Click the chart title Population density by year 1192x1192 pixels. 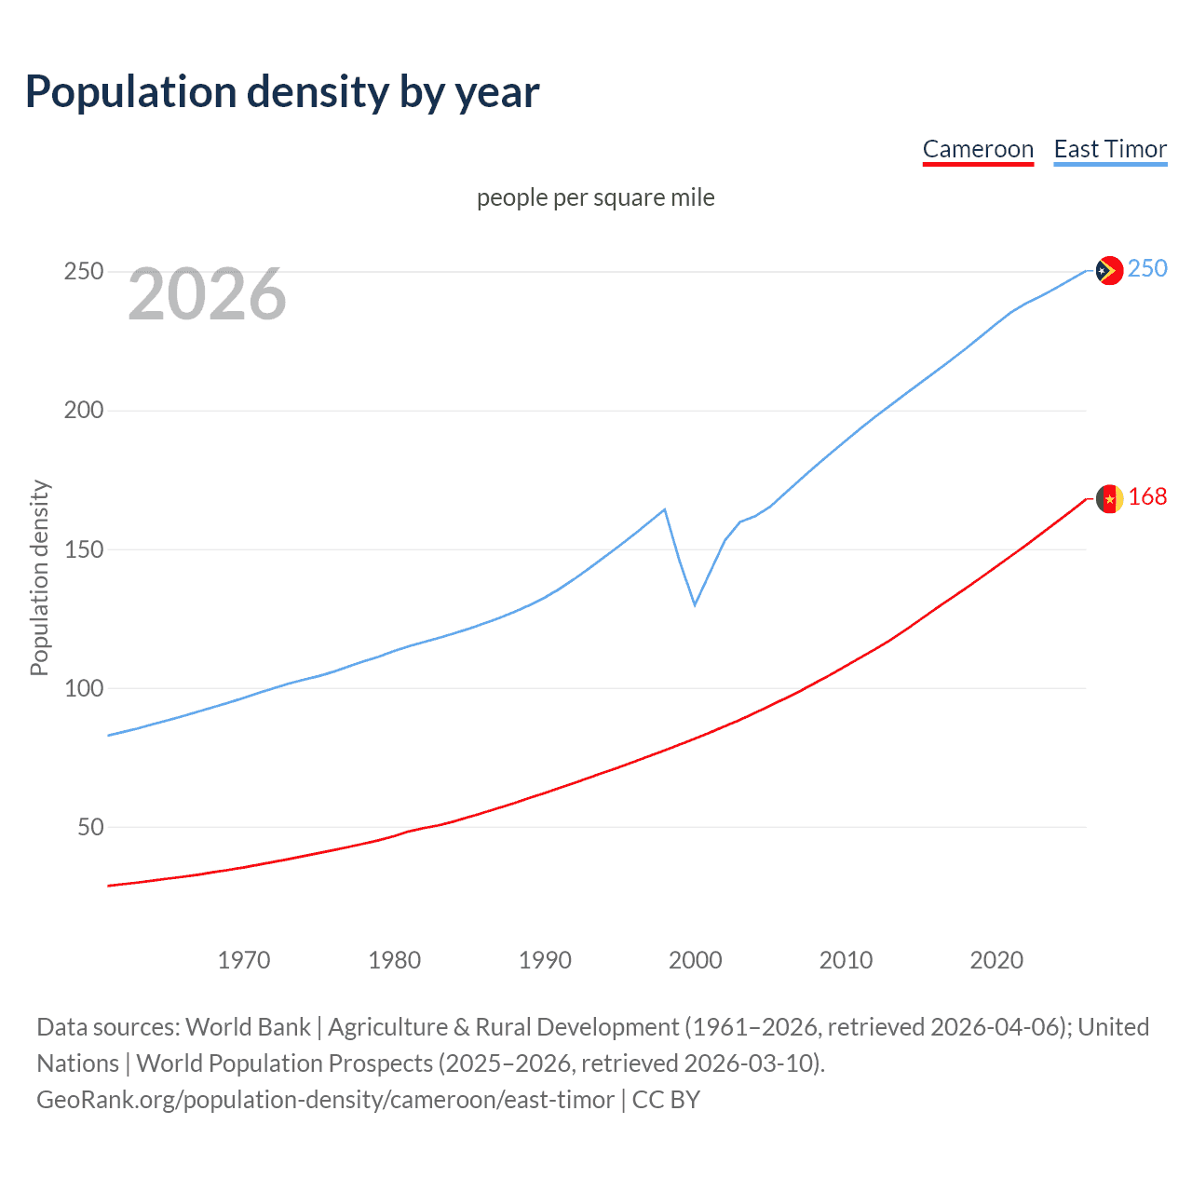point(282,92)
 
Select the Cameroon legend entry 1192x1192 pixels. point(978,149)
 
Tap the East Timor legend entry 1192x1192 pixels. point(1110,149)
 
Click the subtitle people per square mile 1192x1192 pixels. point(596,197)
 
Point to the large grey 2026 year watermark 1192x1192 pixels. point(207,294)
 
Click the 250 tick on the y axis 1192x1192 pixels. point(84,272)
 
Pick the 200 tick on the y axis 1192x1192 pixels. point(84,411)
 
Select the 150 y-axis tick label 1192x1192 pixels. point(84,549)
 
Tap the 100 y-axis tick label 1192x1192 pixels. point(84,688)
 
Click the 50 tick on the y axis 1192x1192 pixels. point(90,827)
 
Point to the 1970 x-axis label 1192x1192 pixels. point(244,960)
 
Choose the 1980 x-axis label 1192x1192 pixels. point(395,960)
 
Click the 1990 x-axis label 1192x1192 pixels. point(545,960)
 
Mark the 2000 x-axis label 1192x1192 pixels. point(696,960)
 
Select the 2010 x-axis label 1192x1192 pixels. point(846,960)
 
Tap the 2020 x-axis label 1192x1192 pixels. point(996,960)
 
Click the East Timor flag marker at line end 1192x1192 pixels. point(1108,270)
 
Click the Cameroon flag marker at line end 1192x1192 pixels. point(1109,499)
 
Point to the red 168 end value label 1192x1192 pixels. point(1147,497)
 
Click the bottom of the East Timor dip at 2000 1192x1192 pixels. point(695,604)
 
